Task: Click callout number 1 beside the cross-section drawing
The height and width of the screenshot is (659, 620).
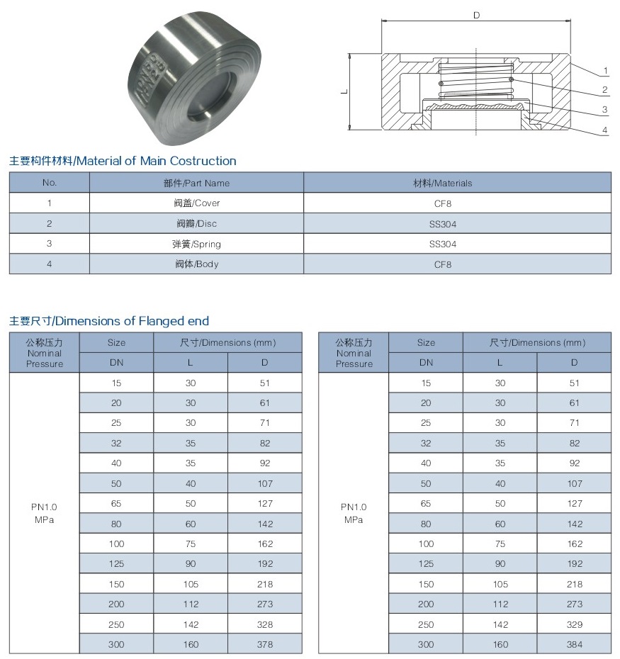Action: [607, 70]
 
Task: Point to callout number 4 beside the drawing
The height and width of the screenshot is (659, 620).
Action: [605, 130]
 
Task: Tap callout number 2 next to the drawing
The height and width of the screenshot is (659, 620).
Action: [605, 90]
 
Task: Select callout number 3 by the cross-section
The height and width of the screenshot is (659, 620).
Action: [605, 110]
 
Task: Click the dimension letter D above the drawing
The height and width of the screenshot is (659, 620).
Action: [476, 15]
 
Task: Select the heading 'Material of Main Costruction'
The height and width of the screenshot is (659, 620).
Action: [123, 161]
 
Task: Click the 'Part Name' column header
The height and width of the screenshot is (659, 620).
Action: [196, 183]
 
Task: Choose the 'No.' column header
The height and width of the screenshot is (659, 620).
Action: [49, 183]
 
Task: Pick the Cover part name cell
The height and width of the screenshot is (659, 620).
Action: [197, 203]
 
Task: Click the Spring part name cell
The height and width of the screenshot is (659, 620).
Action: [197, 244]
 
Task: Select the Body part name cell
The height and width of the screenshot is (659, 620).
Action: [197, 264]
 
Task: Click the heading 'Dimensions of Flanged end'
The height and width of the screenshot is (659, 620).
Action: [109, 321]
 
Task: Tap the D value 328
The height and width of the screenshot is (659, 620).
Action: [264, 625]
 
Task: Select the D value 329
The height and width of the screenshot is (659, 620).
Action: [574, 625]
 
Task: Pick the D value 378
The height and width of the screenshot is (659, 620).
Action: [264, 645]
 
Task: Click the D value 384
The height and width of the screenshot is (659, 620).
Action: [574, 645]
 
